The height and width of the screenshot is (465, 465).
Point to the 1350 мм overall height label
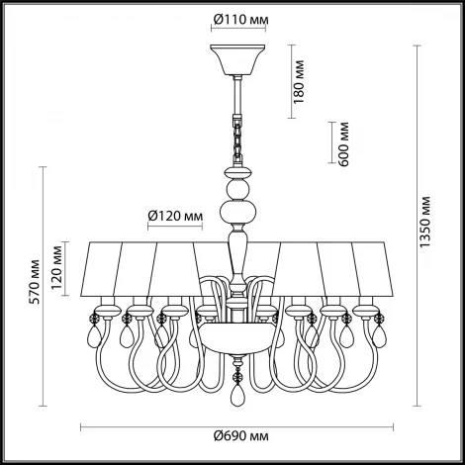(x=423, y=224)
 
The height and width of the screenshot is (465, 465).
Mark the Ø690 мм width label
(x=239, y=436)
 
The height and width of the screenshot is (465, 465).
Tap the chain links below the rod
(x=238, y=138)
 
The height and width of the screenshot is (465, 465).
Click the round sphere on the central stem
(x=238, y=186)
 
